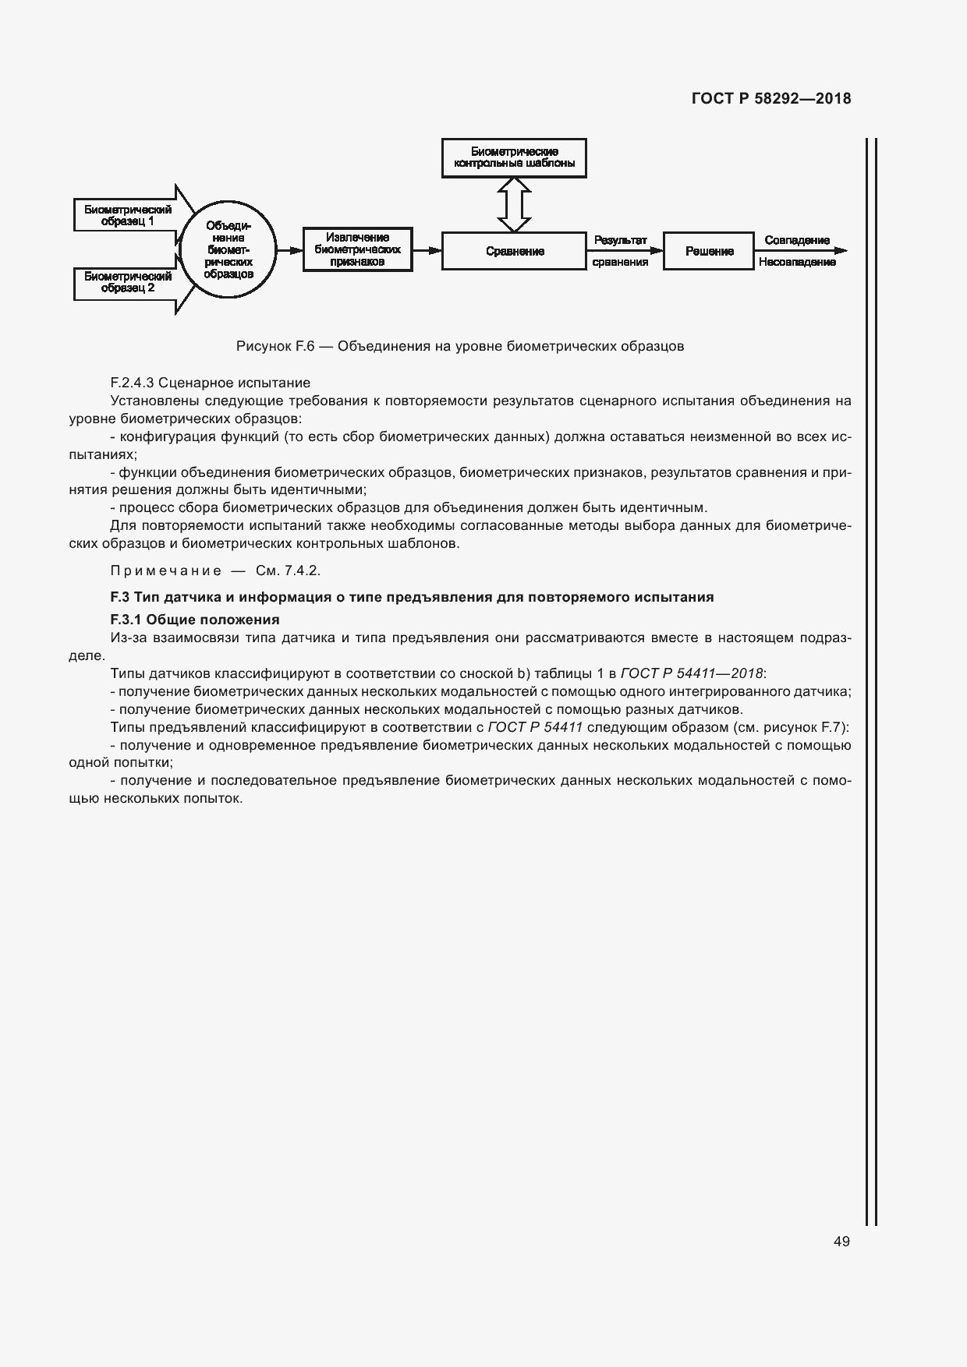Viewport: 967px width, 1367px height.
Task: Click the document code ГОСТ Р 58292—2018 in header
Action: click(x=770, y=99)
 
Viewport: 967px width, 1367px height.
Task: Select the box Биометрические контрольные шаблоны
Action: click(x=514, y=158)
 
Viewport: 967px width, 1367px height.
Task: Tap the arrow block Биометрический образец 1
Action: click(x=129, y=215)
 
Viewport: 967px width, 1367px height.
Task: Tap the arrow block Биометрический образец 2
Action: click(x=129, y=282)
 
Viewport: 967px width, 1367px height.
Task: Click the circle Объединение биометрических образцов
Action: click(x=228, y=249)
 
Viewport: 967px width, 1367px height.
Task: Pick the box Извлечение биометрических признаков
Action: click(x=357, y=249)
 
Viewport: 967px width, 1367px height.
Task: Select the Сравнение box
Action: click(x=514, y=251)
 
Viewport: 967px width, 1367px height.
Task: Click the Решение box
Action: click(x=708, y=251)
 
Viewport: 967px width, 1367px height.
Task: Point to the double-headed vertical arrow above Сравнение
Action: click(x=514, y=204)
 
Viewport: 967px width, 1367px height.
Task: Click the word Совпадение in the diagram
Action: click(x=796, y=240)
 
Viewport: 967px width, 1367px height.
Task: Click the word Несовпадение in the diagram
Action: click(x=796, y=263)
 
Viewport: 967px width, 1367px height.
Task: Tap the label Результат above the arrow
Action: click(x=620, y=240)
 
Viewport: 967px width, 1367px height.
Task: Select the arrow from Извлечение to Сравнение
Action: click(x=427, y=250)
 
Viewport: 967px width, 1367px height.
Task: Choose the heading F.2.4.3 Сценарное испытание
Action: click(x=211, y=383)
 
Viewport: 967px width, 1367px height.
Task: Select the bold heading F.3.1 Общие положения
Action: click(x=195, y=620)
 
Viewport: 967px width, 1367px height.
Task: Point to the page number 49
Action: click(x=841, y=1242)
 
